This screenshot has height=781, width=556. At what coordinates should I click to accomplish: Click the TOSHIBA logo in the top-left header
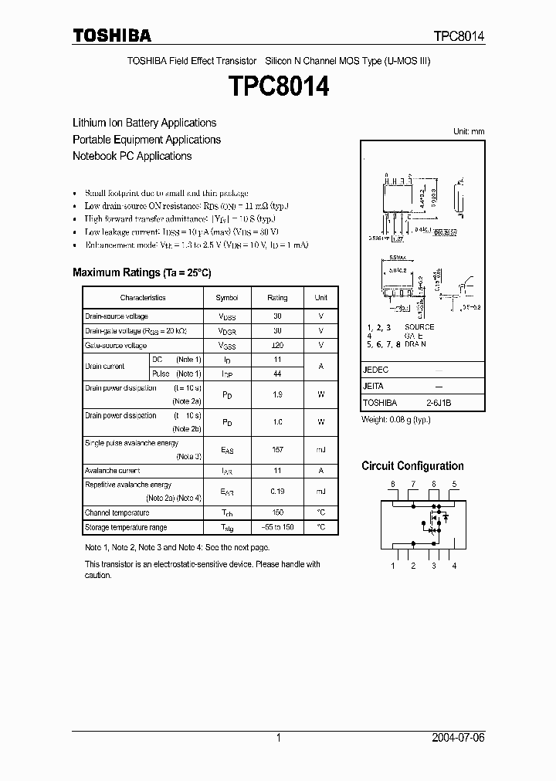[x=112, y=35]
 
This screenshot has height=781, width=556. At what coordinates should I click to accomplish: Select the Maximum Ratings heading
[x=141, y=272]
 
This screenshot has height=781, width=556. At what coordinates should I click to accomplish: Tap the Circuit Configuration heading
[x=412, y=466]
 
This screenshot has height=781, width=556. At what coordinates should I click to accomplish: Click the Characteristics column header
[x=143, y=298]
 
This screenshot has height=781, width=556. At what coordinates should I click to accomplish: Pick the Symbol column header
[x=227, y=298]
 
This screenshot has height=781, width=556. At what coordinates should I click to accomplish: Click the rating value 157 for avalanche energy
[x=277, y=448]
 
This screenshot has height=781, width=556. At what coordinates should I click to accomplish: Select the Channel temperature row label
[x=117, y=512]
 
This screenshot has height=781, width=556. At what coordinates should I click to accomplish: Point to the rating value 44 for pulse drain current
[x=277, y=374]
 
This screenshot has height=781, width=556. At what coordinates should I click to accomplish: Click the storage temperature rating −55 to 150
[x=277, y=527]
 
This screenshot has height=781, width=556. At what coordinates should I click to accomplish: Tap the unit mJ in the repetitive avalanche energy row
[x=320, y=491]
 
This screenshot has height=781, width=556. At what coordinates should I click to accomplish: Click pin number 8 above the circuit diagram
[x=393, y=485]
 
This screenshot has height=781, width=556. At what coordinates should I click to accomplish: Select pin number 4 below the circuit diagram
[x=454, y=566]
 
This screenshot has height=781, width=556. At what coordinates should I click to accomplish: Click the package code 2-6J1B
[x=439, y=403]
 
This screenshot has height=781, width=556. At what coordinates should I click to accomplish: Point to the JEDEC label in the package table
[x=375, y=370]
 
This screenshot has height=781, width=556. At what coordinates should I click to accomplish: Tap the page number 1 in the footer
[x=278, y=738]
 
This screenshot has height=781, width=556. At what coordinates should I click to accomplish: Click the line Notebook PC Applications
[x=132, y=156]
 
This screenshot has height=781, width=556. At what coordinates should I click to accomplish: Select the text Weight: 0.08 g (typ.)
[x=396, y=420]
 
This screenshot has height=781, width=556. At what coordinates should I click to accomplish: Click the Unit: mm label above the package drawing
[x=468, y=132]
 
